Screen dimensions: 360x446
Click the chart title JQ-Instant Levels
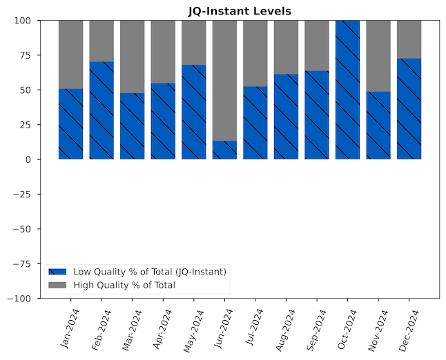(x=240, y=11)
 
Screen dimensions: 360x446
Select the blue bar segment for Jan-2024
(x=70, y=124)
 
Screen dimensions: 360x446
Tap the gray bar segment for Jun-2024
(x=224, y=80)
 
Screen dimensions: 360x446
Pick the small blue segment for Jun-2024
(x=224, y=150)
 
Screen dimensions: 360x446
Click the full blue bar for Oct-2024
(x=348, y=90)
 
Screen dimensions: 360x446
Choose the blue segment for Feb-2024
(x=101, y=110)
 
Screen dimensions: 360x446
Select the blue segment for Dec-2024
(x=409, y=109)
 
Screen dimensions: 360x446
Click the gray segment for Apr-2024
(x=163, y=52)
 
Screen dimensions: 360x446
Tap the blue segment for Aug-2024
(x=286, y=117)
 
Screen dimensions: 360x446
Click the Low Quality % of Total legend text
(x=150, y=272)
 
